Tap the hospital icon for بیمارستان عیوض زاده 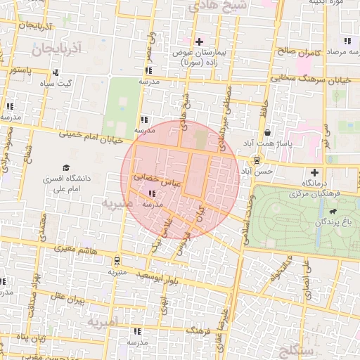[200, 41]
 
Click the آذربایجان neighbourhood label [58, 49]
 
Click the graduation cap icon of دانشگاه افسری [65, 169]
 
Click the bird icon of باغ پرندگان [331, 211]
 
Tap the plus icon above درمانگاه [314, 172]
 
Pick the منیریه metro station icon [115, 260]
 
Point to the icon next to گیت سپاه [56, 72]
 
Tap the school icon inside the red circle [152, 193]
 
